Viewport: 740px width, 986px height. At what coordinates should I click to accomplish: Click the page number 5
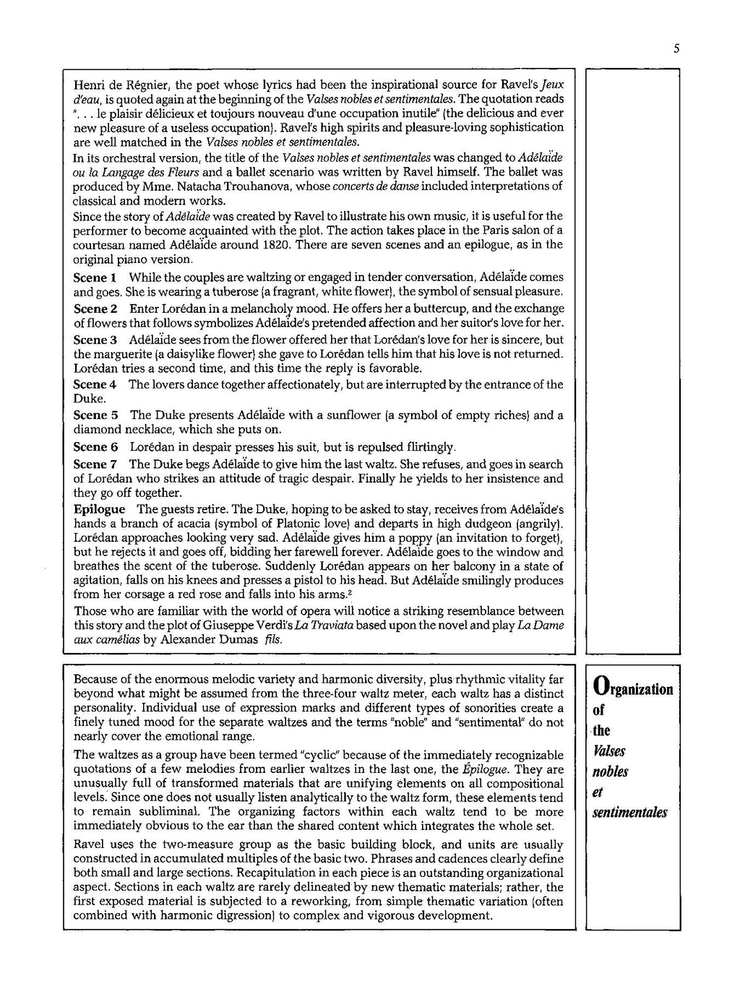pos(676,49)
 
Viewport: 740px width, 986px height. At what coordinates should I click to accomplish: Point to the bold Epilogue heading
pos(99,509)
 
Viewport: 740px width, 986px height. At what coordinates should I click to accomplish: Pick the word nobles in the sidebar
pos(611,771)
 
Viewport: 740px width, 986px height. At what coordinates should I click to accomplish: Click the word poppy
pos(415,538)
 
